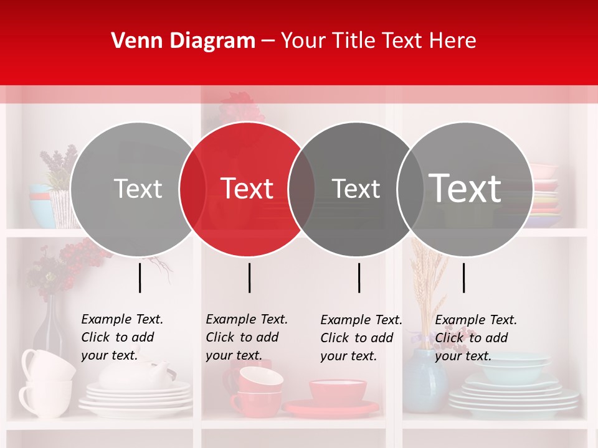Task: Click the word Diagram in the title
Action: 211,41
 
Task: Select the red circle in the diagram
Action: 247,212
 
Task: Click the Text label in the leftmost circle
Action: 138,189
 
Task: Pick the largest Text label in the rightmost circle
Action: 465,188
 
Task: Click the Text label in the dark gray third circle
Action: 356,189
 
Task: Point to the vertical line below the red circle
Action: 249,278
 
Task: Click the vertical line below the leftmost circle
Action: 140,278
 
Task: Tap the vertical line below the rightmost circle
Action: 463,278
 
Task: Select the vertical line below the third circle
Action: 359,278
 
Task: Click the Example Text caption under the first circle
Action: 121,337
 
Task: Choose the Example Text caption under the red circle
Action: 246,337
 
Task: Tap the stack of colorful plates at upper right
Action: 544,193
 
